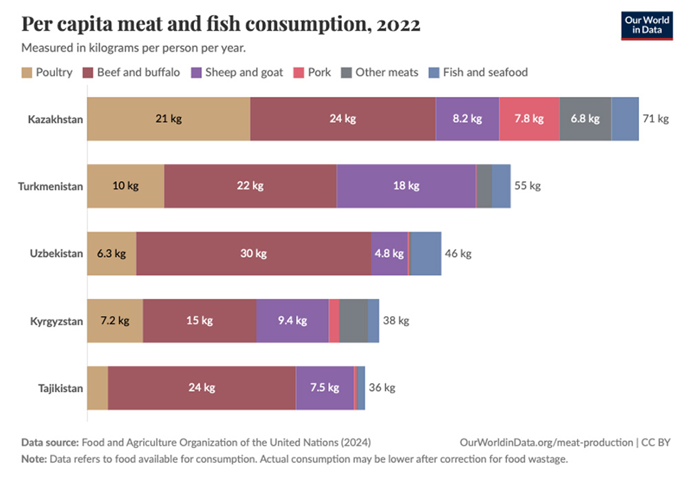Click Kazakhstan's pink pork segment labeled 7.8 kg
pos(529,119)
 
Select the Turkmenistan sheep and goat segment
pos(406,186)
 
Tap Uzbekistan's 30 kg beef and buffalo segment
pos(253,254)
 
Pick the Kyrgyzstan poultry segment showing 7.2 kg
pos(115,321)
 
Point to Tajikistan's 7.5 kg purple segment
pos(325,388)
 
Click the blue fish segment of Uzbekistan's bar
pos(426,254)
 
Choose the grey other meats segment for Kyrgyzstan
pos(354,321)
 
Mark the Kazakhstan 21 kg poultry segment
pos(169,119)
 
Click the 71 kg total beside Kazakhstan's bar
pos(655,119)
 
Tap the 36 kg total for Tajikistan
pos(382,388)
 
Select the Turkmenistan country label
pos(51,186)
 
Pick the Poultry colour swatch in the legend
pos(27,72)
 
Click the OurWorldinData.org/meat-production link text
pos(546,442)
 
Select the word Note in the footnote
pos(33,459)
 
